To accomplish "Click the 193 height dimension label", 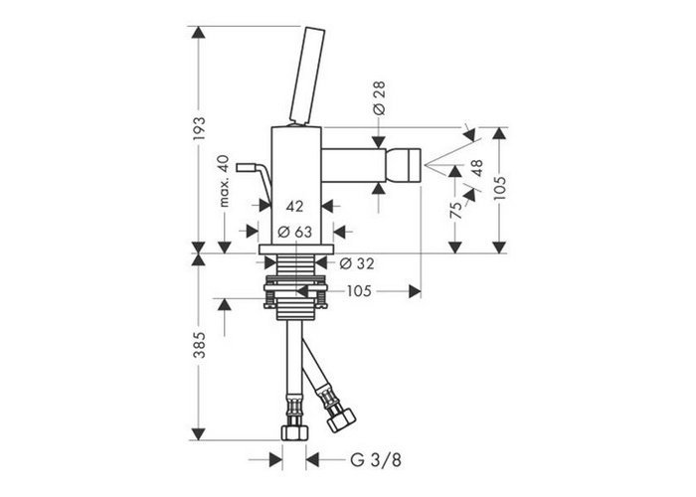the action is pos(199,128).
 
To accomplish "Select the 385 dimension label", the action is pos(199,344).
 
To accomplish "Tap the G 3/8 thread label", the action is pos(376,460).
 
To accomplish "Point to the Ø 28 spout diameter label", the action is pos(380,98).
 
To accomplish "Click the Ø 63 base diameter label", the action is pos(294,232).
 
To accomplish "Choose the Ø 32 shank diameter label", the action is pos(356,263).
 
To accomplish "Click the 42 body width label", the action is pos(294,206).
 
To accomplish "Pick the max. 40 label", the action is pos(224,181).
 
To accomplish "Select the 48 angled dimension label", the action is pos(476,168).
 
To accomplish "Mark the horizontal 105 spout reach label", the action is pos(359,291).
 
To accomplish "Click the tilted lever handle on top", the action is pos(306,76).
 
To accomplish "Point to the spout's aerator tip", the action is pos(403,166).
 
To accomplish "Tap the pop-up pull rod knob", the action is pos(246,167).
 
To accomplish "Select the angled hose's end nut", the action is pos(341,419).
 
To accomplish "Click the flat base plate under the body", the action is pos(295,248).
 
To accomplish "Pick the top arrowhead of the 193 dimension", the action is pos(199,33).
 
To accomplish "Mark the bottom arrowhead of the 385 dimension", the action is pos(199,434).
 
